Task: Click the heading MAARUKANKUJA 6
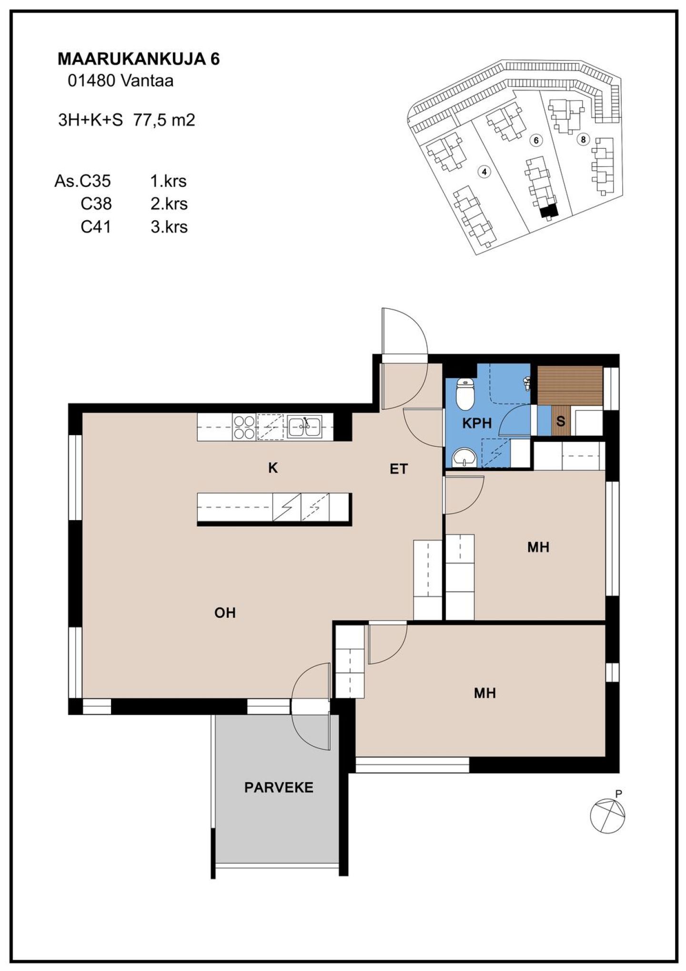[x=139, y=59]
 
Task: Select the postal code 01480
[x=91, y=81]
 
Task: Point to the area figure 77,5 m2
[x=164, y=120]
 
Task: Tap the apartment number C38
[x=96, y=204]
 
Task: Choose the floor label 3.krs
[x=169, y=227]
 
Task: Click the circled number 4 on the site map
[x=484, y=172]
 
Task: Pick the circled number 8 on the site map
[x=583, y=140]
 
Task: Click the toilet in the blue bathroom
[x=464, y=394]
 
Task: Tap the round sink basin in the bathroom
[x=464, y=458]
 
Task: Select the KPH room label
[x=476, y=423]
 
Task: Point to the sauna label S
[x=561, y=421]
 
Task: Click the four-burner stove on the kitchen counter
[x=244, y=427]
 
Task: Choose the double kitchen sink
[x=304, y=427]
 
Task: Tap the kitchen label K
[x=272, y=468]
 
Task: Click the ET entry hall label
[x=399, y=469]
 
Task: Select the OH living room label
[x=225, y=613]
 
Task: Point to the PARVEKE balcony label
[x=279, y=787]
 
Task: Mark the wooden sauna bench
[x=570, y=385]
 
